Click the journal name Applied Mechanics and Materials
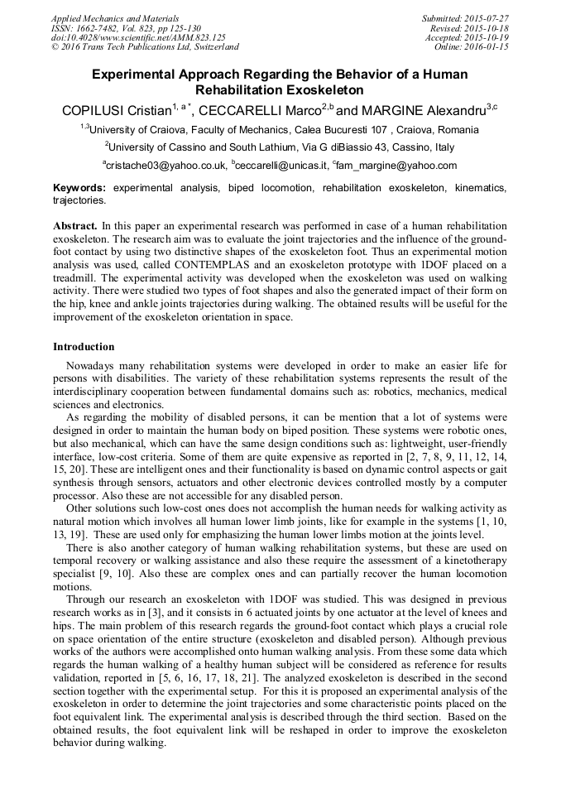pyautogui.click(x=115, y=18)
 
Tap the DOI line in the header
pyautogui.click(x=138, y=38)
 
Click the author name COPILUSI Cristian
pyautogui.click(x=115, y=110)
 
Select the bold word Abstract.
pyautogui.click(x=76, y=226)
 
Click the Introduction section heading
pyautogui.click(x=84, y=347)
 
